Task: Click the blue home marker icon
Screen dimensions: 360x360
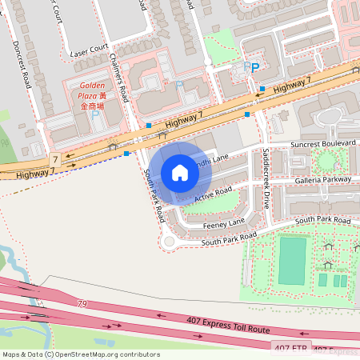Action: click(x=180, y=172)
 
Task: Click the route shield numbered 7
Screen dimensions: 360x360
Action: click(x=54, y=159)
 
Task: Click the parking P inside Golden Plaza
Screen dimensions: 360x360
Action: click(x=98, y=114)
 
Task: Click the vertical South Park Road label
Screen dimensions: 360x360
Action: click(x=154, y=195)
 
